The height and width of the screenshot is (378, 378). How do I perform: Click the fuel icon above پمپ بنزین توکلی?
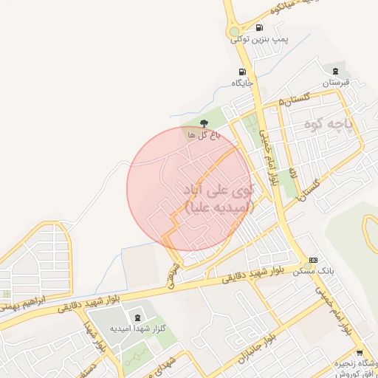[x=259, y=28]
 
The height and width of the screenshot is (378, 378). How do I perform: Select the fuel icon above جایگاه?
[x=241, y=72]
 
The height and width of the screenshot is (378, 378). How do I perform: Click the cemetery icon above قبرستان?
[x=336, y=72]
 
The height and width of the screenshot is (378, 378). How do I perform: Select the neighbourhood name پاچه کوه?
[x=329, y=126]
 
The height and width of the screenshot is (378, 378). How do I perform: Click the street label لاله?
[x=292, y=173]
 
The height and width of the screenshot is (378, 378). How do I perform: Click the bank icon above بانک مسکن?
[x=314, y=260]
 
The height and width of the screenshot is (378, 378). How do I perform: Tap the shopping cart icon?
[x=360, y=354]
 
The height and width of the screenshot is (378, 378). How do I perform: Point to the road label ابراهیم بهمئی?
[x=25, y=301]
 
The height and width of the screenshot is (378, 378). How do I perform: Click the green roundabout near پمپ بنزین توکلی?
[x=236, y=32]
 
